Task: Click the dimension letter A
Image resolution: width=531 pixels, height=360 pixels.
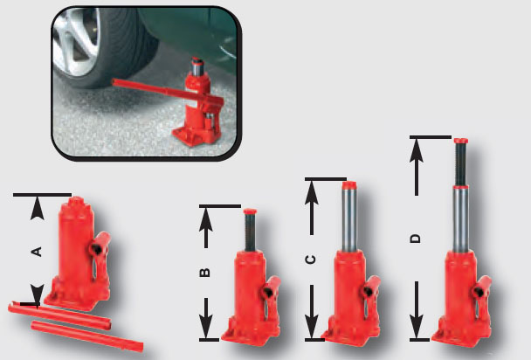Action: tap(37, 251)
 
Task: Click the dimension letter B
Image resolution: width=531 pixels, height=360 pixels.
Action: tap(204, 272)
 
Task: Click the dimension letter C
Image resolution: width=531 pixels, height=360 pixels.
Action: tap(310, 260)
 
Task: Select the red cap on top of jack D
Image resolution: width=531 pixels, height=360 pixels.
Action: tap(460, 140)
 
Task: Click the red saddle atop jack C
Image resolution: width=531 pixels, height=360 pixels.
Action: tap(349, 186)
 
